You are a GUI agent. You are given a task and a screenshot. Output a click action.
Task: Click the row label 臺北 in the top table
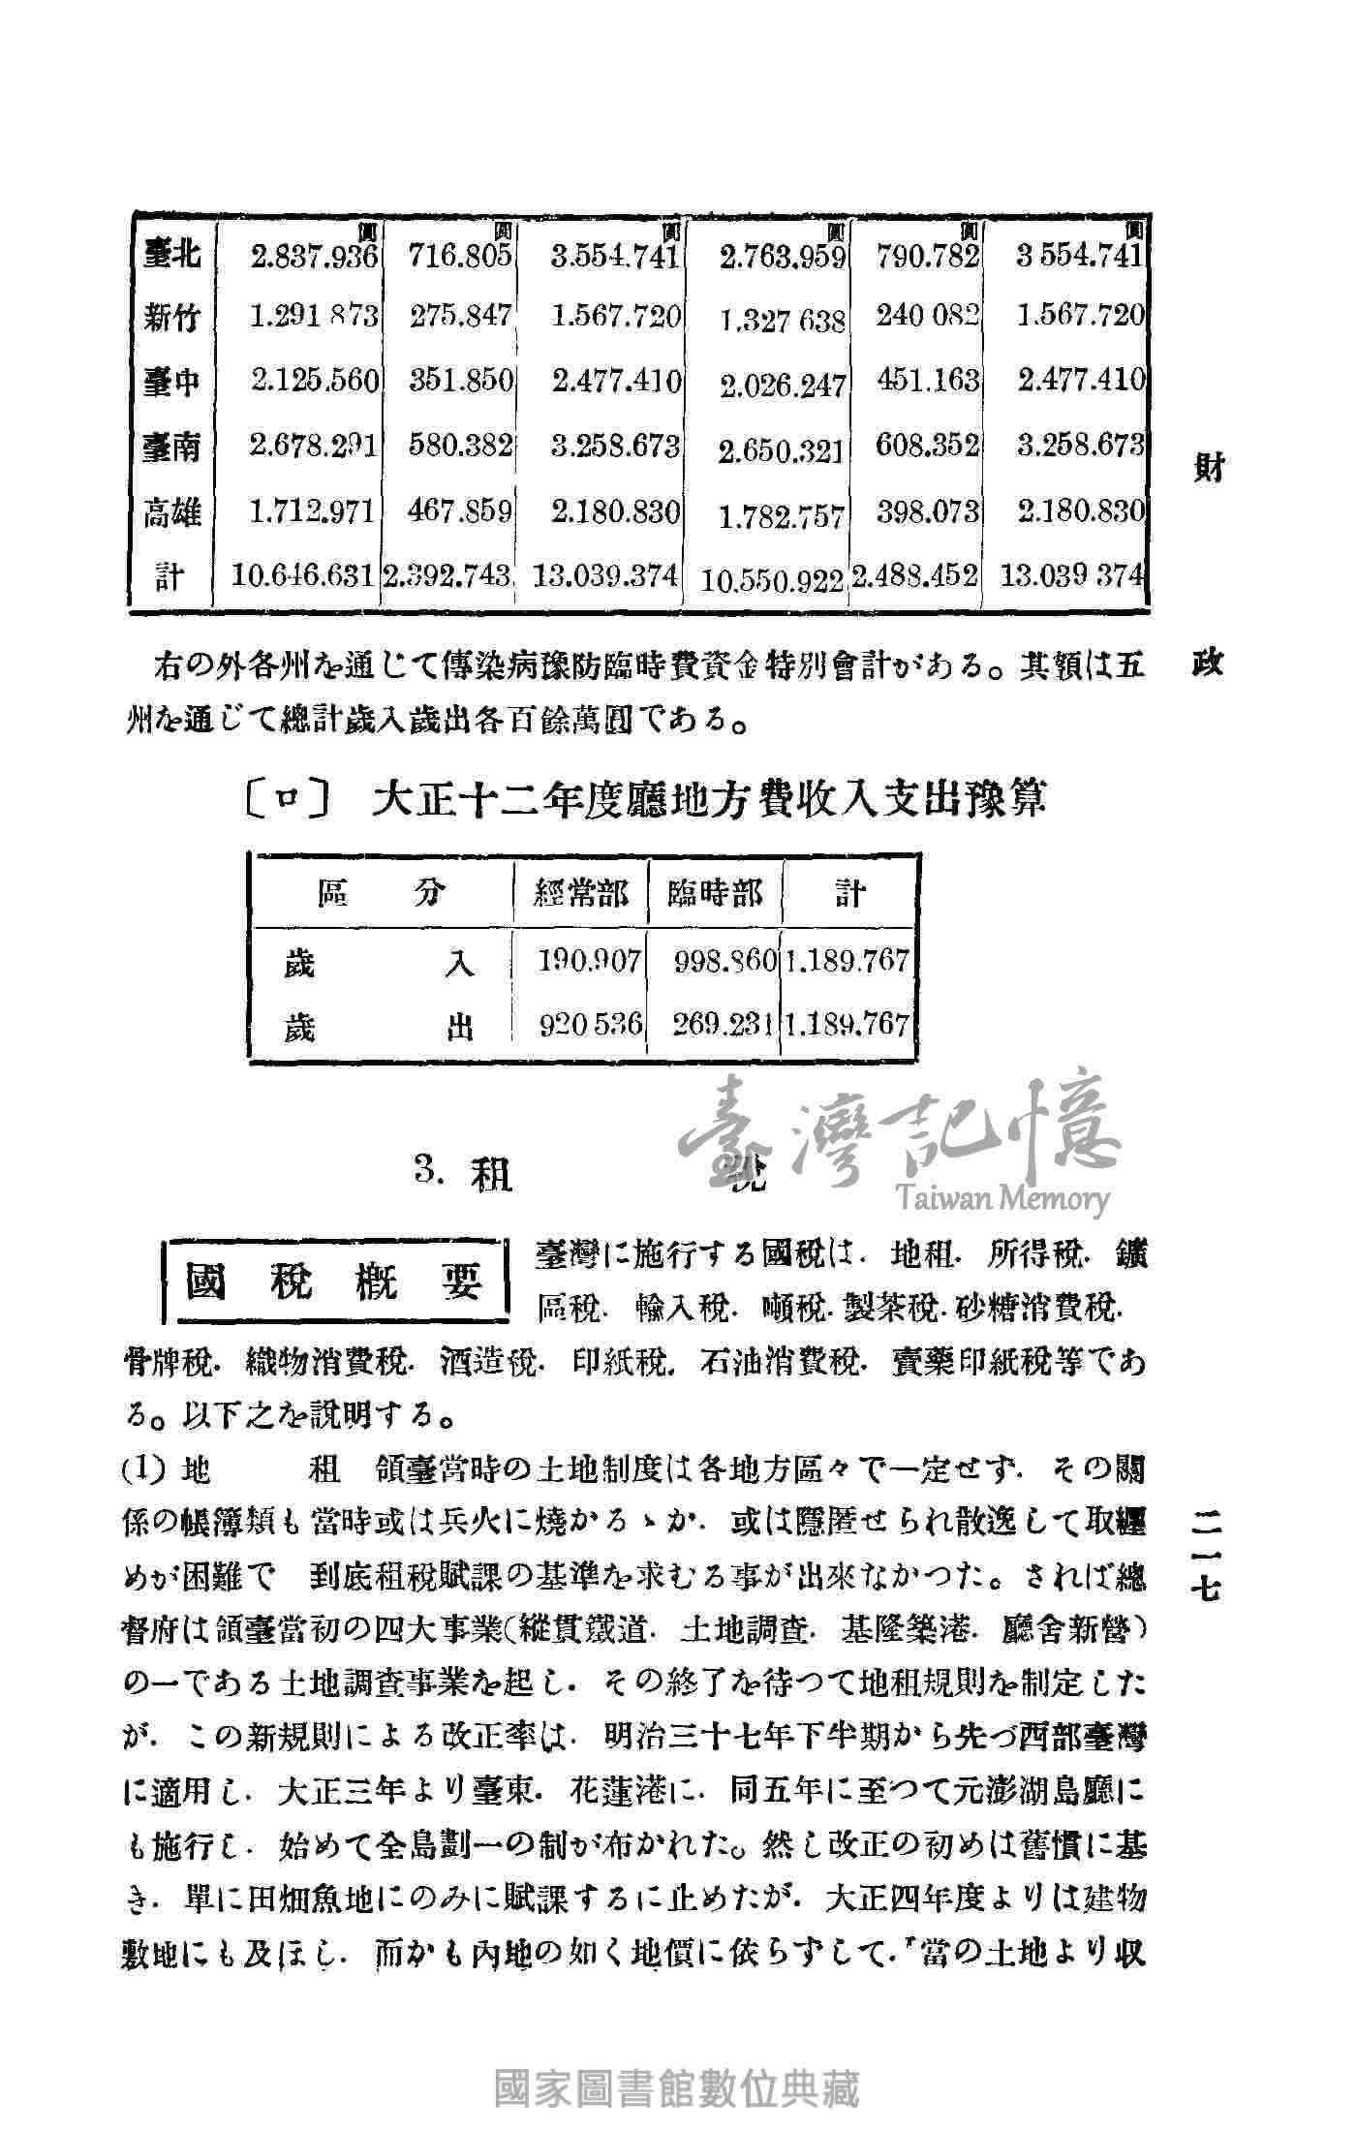click(x=171, y=255)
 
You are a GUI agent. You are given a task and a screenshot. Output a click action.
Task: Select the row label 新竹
click(x=171, y=318)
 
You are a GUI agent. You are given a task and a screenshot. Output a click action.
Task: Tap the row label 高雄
click(x=171, y=512)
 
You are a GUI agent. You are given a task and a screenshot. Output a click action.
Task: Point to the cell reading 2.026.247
click(x=783, y=386)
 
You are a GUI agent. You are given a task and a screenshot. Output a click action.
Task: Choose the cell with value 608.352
click(x=928, y=447)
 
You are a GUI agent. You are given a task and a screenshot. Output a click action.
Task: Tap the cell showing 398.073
click(x=928, y=511)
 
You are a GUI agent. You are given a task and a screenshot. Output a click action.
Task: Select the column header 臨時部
click(x=715, y=893)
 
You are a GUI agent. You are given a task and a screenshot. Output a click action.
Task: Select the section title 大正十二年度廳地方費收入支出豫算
click(x=712, y=802)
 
